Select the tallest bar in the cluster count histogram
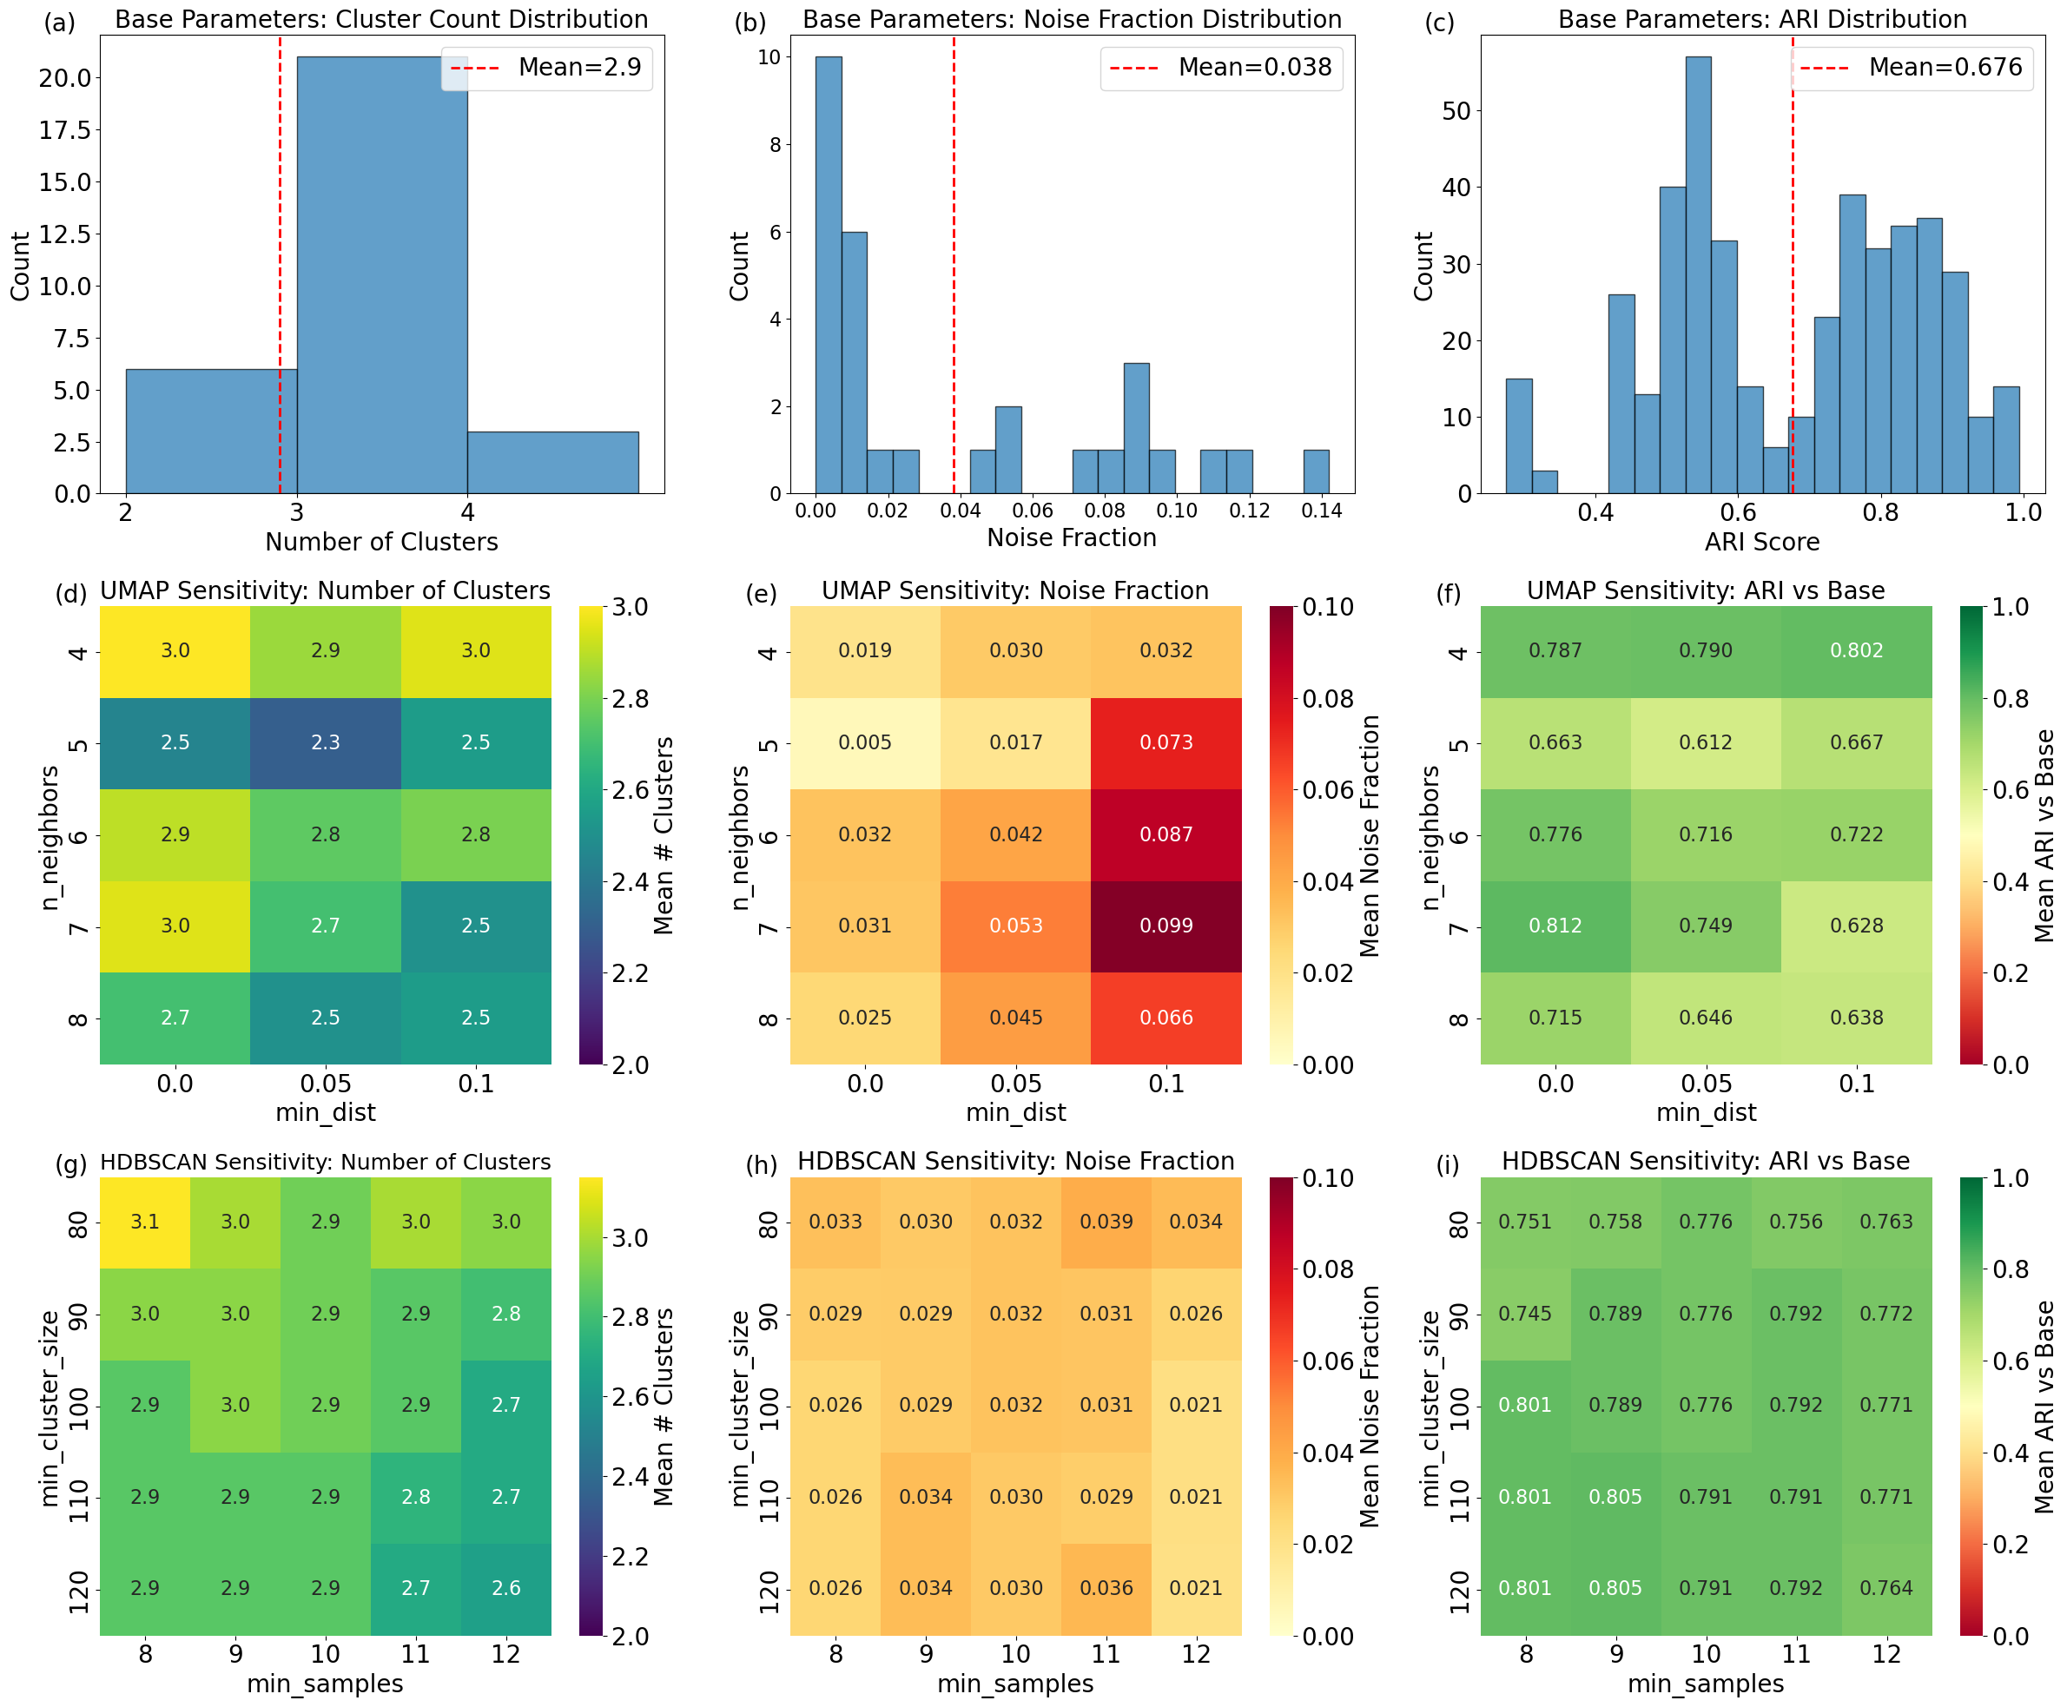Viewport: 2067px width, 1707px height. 381,275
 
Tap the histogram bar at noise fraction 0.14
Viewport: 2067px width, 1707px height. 1316,472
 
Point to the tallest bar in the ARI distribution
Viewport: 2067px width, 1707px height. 1698,275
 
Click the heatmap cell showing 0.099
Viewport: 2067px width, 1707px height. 1166,926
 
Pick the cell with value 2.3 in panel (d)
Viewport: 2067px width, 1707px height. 326,742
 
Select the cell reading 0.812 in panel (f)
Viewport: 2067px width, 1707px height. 1555,926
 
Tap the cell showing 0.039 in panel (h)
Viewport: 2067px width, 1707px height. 1106,1222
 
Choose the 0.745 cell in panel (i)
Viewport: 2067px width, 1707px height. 1524,1314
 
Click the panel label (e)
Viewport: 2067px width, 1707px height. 761,593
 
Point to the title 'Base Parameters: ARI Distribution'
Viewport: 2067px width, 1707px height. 1762,19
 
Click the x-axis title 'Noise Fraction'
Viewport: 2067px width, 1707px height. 1071,537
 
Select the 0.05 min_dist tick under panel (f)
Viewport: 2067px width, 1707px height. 1705,1084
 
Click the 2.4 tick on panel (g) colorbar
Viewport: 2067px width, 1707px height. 631,1476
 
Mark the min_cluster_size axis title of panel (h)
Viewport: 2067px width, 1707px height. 742,1408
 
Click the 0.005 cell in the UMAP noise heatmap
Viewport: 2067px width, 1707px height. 864,742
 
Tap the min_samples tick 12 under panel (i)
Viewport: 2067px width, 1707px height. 1886,1654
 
